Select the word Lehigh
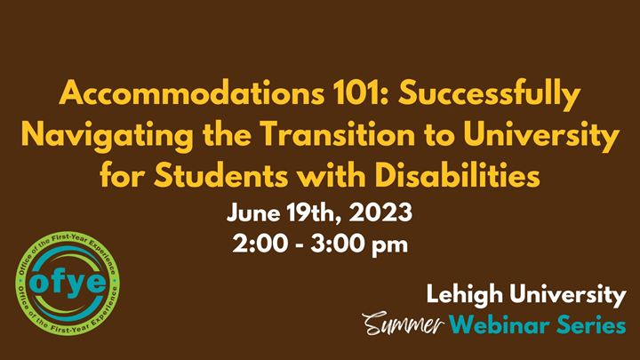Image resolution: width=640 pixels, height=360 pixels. [465, 293]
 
